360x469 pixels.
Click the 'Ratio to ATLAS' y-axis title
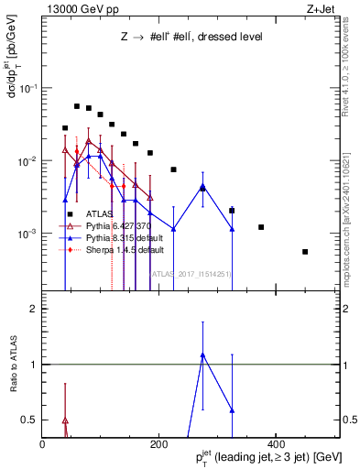16,365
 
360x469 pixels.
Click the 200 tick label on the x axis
158,444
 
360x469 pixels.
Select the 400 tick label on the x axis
274,444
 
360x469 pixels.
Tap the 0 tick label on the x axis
43,444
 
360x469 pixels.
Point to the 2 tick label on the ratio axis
32,310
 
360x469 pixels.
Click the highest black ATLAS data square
77,106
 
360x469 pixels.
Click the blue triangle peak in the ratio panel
203,354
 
